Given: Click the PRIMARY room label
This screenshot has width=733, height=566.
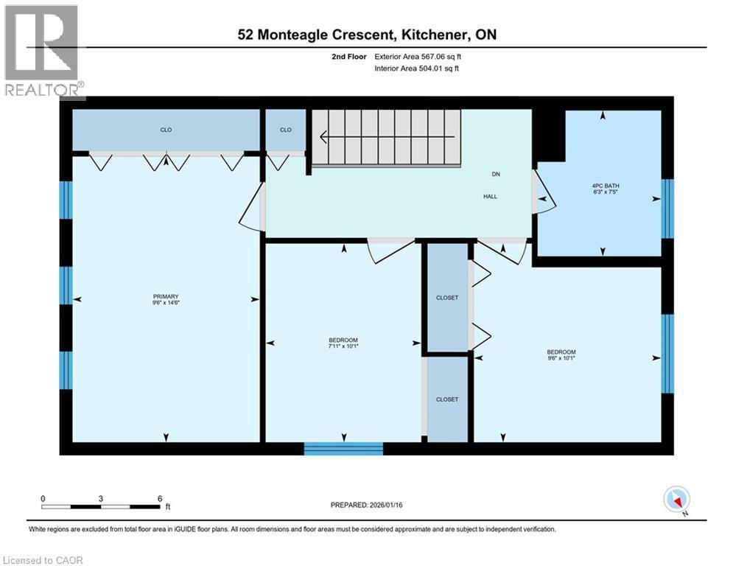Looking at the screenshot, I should point(166,296).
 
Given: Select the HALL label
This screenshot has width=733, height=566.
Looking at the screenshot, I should point(490,197).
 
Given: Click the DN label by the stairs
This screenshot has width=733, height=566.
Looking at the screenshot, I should point(496,175).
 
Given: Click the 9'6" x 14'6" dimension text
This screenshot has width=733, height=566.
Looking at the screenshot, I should point(166,303).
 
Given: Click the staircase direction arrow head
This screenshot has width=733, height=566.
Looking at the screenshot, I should point(323,137).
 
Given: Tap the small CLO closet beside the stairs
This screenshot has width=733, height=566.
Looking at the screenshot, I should point(286,130).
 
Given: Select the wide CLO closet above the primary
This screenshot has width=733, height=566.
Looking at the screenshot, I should point(166,130).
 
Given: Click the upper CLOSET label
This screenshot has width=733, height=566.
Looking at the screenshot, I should point(447,298).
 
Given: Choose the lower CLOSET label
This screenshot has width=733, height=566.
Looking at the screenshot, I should point(447,399).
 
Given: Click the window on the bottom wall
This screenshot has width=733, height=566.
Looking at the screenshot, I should point(343,448).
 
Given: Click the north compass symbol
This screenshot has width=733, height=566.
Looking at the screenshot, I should point(675,500).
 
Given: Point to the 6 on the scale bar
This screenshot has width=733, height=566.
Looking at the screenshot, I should point(160,498).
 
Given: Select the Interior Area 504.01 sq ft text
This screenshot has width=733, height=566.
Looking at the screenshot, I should point(417,69).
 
